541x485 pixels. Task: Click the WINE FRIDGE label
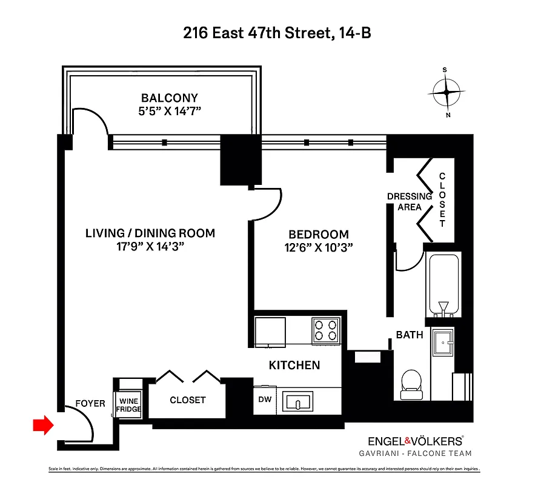129,406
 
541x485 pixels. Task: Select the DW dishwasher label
264,400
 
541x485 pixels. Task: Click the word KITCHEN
294,365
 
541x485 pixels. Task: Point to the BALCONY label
170,98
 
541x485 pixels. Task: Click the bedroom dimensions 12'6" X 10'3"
319,247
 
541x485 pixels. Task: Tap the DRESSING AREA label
410,201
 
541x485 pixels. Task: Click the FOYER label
90,403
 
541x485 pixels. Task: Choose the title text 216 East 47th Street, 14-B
277,33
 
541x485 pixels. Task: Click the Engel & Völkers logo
416,441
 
